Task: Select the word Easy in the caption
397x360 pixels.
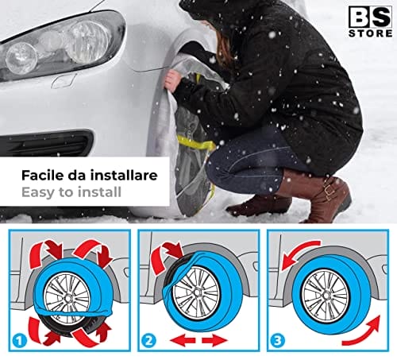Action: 39,192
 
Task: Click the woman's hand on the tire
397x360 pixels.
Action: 172,79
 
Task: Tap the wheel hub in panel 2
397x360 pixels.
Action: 197,293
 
